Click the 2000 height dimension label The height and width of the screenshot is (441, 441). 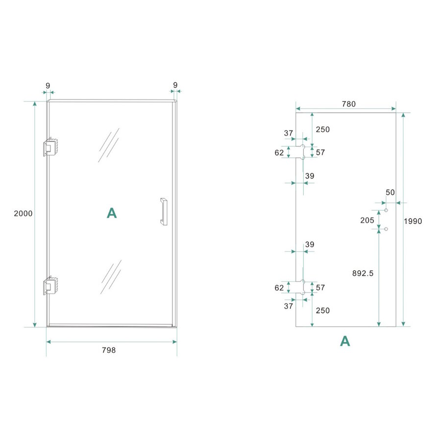[24, 214]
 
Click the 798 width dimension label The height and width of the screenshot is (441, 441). [109, 350]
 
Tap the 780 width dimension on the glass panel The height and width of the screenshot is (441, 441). [348, 104]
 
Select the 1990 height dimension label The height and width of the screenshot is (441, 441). [413, 221]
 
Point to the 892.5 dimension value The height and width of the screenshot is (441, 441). [363, 273]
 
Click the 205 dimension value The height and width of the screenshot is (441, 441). [367, 220]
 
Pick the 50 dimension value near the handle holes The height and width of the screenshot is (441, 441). [390, 193]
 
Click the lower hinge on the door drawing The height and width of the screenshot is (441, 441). [51, 286]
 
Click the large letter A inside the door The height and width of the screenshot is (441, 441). [112, 213]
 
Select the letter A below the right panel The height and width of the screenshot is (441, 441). [345, 342]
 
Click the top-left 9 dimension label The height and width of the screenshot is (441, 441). [48, 86]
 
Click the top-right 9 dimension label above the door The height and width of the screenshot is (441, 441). [175, 85]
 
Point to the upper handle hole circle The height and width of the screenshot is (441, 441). [386, 210]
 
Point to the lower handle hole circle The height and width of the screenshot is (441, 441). [386, 229]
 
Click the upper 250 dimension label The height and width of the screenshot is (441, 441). [323, 129]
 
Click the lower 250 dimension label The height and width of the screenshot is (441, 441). [323, 310]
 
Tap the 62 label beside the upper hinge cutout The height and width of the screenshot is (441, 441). [279, 152]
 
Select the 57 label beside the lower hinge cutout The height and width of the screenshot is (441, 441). [320, 288]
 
